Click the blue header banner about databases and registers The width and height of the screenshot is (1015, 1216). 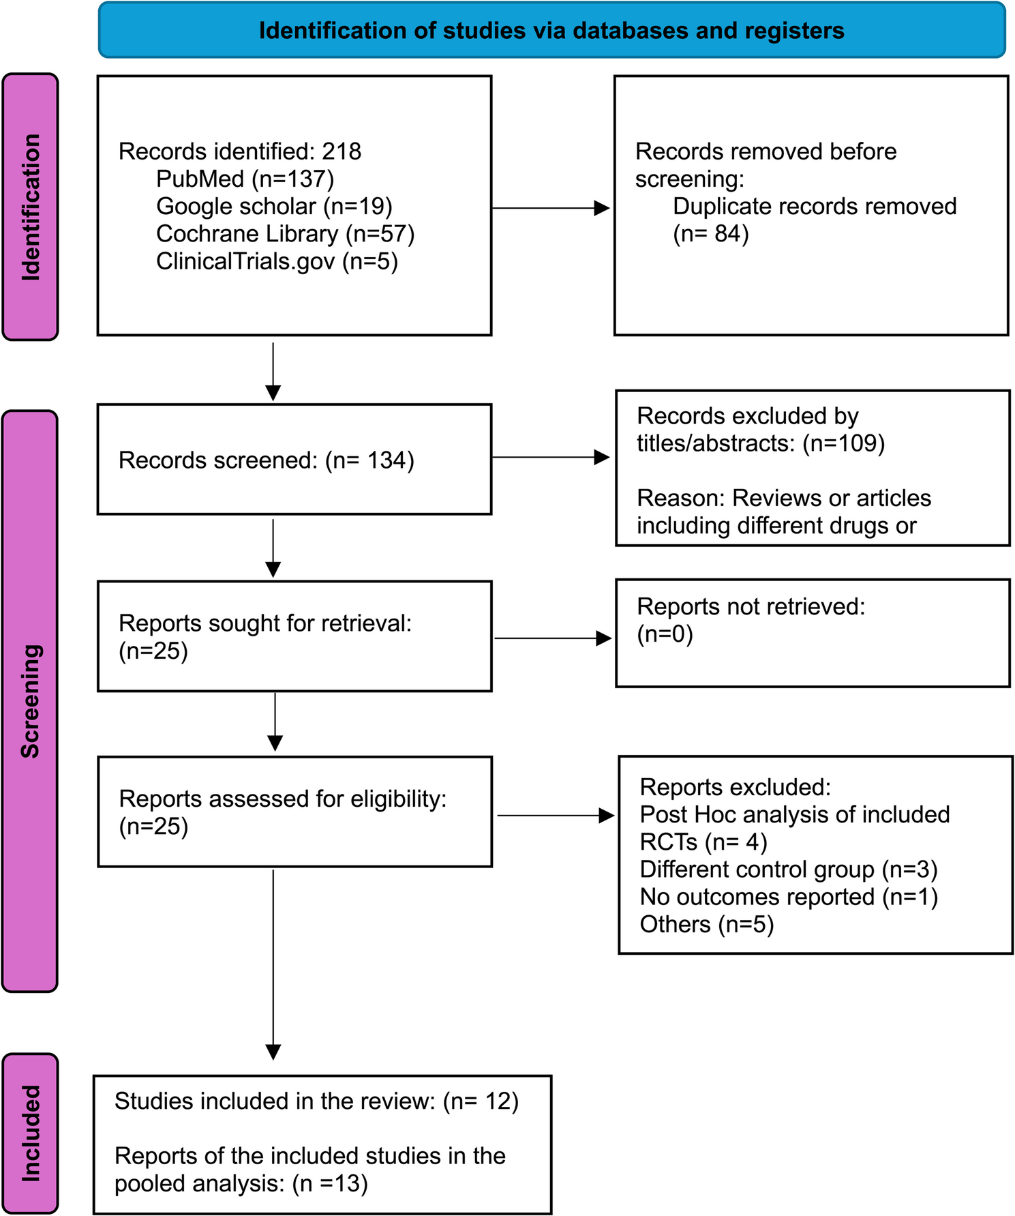pos(551,31)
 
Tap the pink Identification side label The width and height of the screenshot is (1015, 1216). pos(31,207)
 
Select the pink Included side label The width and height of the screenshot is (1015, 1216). pos(31,1133)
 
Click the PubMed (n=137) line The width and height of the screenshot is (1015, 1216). pos(245,179)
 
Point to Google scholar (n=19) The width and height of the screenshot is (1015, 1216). pos(274,206)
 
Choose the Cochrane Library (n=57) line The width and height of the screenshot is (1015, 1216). pos(285,234)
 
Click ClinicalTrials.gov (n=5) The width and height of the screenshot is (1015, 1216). pos(277,261)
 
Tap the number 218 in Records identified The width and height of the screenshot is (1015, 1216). pos(342,151)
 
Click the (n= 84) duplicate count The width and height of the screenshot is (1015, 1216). pos(711,234)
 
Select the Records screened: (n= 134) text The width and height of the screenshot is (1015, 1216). pos(267,460)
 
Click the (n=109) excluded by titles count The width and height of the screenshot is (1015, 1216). pos(843,443)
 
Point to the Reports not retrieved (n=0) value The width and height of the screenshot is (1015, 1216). pos(665,634)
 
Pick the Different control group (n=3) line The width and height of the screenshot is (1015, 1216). pos(789,870)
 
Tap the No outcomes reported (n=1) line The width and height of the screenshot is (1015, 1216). pos(789,897)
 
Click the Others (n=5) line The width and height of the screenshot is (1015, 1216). pos(707,925)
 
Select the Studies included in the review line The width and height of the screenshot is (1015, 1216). pos(316,1101)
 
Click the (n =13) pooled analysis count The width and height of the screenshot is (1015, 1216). pos(330,1184)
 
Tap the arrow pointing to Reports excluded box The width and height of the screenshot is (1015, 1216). pos(556,815)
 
